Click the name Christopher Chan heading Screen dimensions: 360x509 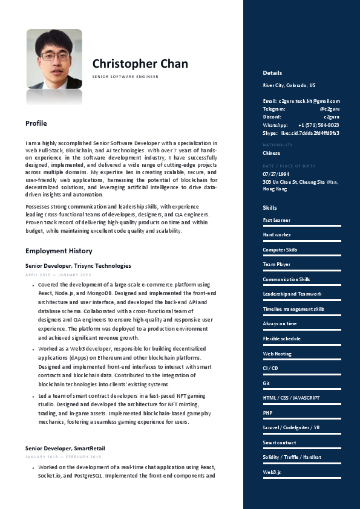click(140, 64)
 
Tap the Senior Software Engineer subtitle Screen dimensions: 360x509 click(125, 77)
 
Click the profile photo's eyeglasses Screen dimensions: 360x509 click(54, 56)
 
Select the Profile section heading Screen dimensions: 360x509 click(36, 123)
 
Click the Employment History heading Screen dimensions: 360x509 click(59, 251)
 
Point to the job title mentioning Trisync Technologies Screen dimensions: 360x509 click(78, 265)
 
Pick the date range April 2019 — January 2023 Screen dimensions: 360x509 click(58, 275)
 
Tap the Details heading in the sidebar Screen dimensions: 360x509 click(272, 73)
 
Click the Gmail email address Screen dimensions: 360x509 click(309, 101)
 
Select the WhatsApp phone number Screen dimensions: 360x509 click(318, 125)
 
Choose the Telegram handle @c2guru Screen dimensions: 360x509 click(329, 109)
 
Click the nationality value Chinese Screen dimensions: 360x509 click(272, 153)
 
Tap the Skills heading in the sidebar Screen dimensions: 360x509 click(270, 208)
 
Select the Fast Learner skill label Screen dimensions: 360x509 click(276, 221)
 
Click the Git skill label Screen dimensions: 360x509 click(266, 383)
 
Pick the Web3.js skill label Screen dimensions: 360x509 click(272, 472)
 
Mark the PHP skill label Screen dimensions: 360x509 click(267, 413)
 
